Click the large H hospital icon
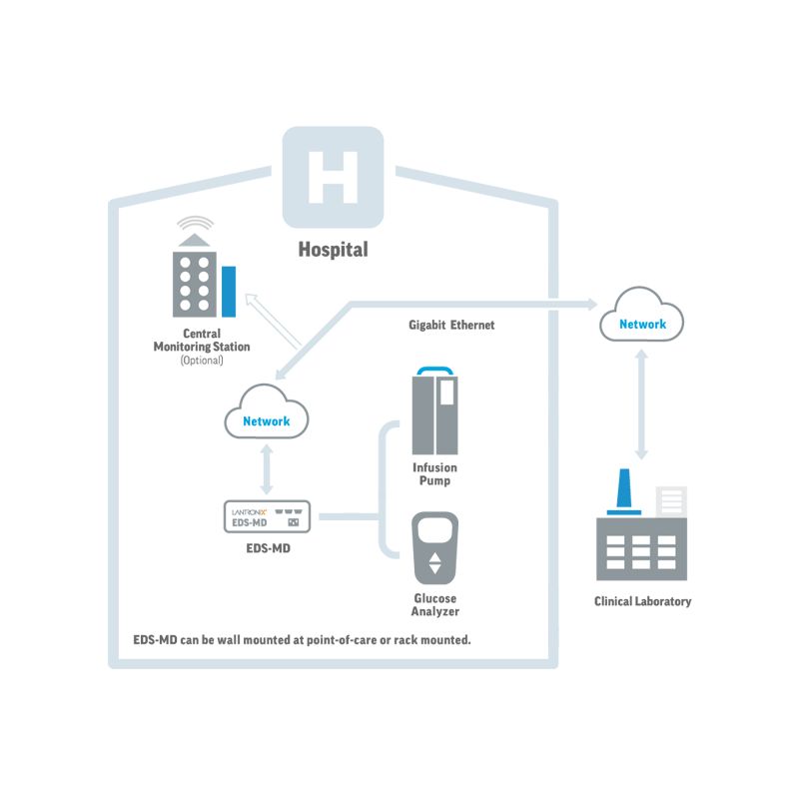pos(333,177)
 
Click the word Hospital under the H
pos(333,250)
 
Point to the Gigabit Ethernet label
pos(451,326)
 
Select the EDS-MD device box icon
pos(266,516)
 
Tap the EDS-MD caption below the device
pos(266,548)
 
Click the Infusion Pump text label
pos(434,473)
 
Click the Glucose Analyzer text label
pos(435,604)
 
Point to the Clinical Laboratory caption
pos(642,601)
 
